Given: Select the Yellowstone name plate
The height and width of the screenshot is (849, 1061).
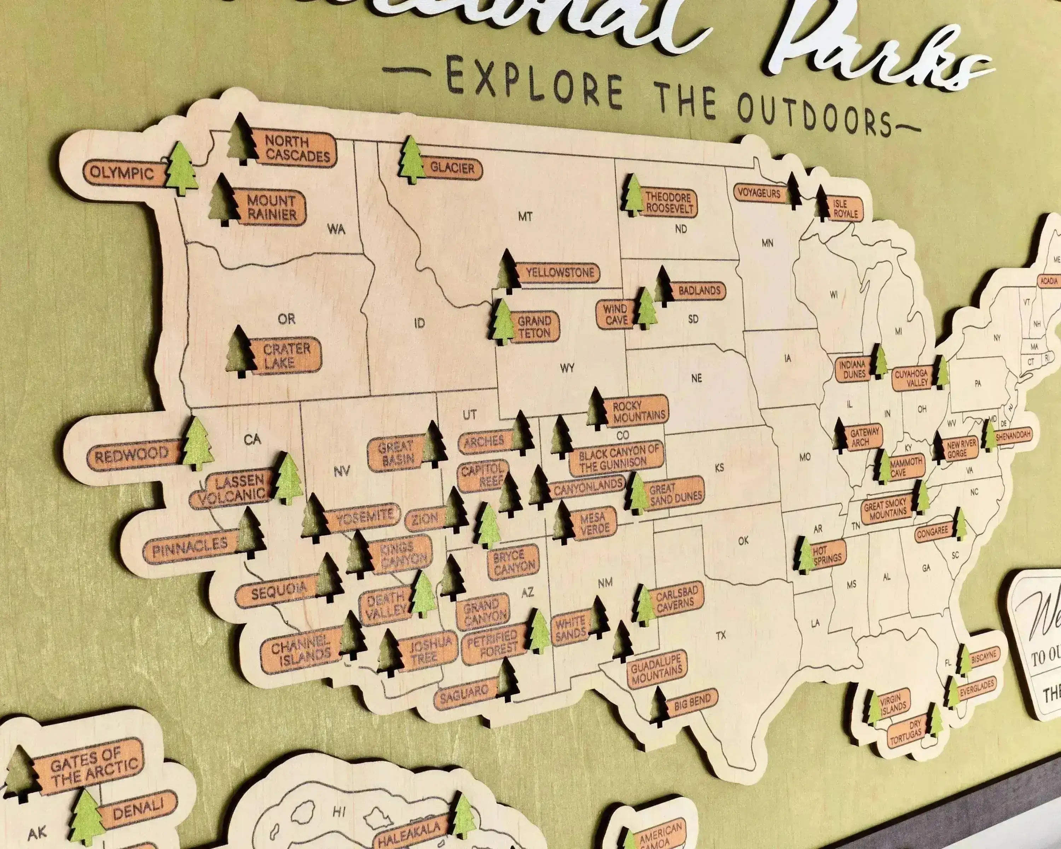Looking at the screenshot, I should point(560,273).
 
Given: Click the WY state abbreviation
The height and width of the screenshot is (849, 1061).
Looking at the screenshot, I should point(567,368).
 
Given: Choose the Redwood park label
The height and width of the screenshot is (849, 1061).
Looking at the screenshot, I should point(132,455).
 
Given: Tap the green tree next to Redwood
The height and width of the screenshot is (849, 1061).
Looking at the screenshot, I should point(198,444).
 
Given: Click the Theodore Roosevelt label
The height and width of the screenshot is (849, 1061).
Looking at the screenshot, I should point(669,203).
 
